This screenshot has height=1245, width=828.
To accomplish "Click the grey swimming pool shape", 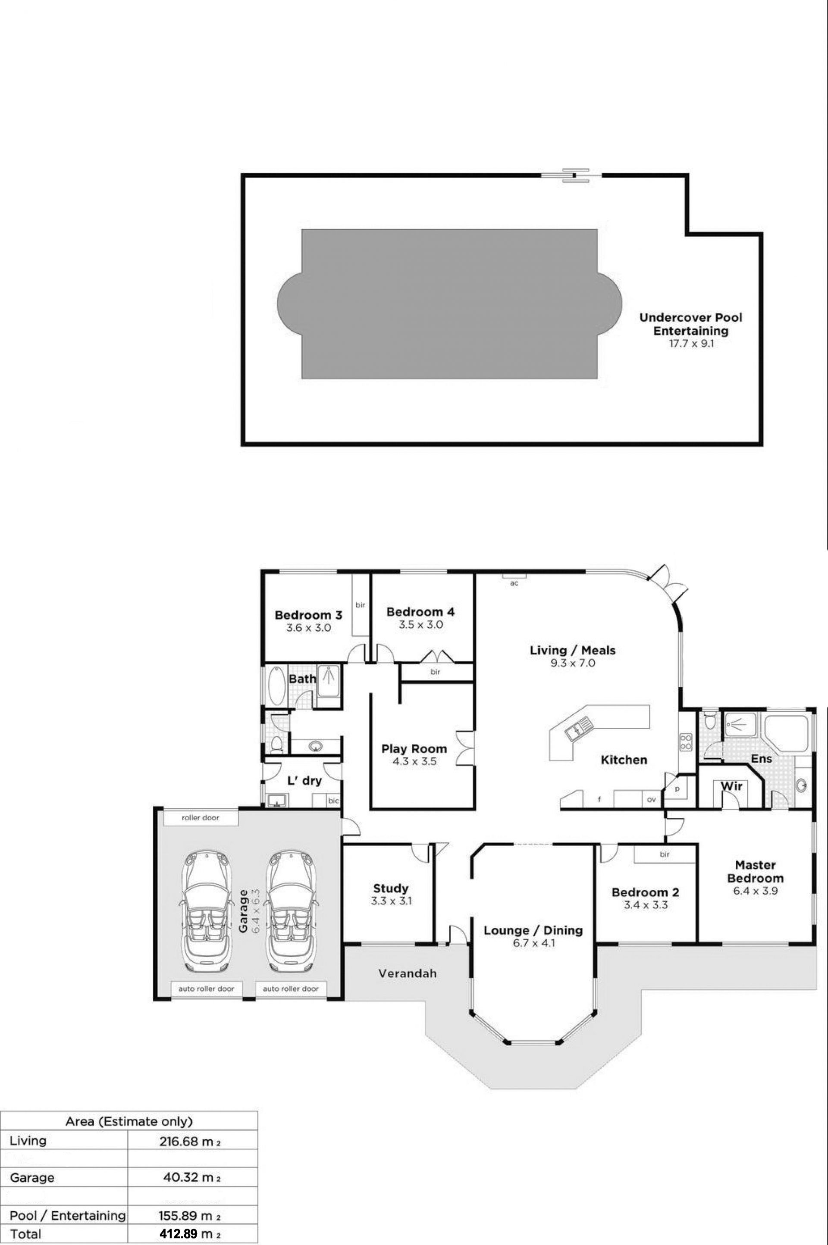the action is [x=449, y=303].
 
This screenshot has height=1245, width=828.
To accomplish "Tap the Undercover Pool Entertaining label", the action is [x=691, y=324].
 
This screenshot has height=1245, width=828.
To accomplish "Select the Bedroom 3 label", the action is [x=308, y=615].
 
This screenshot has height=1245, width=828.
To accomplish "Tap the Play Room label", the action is [x=414, y=748].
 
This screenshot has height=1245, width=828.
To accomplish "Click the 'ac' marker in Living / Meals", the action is [x=514, y=583].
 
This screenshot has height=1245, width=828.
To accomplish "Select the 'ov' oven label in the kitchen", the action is [x=651, y=800].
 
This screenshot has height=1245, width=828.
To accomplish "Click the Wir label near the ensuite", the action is [x=731, y=786].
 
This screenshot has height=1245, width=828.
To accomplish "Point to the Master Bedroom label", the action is [x=755, y=871].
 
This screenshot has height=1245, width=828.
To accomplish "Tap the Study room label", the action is [x=391, y=888].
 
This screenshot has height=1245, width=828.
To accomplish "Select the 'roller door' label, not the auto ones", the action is [x=200, y=817].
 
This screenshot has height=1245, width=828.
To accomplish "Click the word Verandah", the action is [x=408, y=973].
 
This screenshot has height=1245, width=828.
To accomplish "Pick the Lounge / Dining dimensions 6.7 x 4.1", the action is [x=533, y=943].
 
